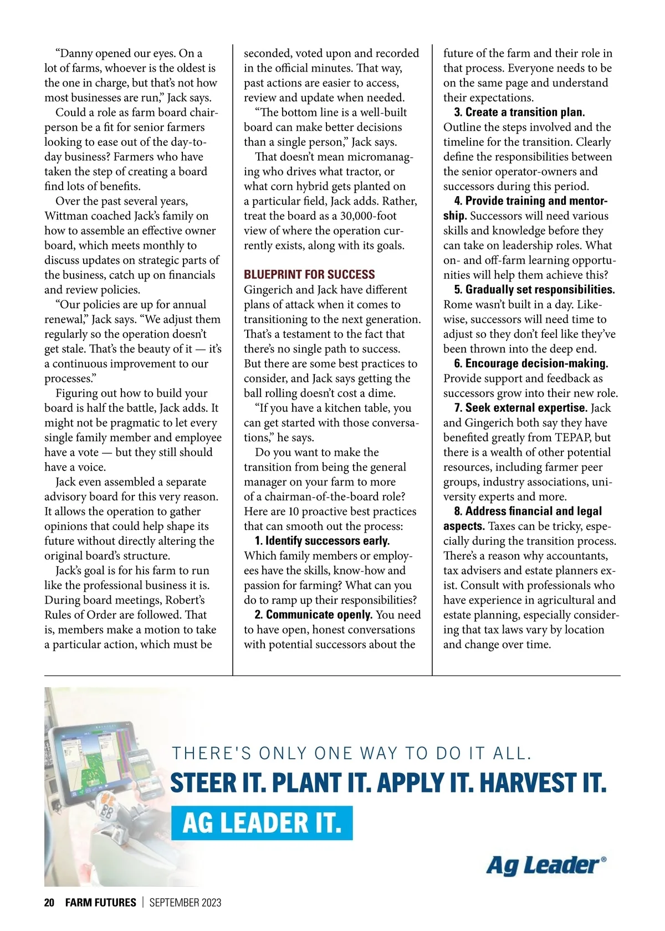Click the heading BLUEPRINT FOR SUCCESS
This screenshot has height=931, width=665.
click(309, 275)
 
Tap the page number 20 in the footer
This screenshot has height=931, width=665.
click(49, 903)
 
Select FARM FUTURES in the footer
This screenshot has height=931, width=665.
click(100, 903)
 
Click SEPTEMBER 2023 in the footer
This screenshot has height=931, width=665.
click(185, 903)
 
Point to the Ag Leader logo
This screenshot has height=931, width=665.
click(546, 865)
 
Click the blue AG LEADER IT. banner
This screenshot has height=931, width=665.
click(262, 823)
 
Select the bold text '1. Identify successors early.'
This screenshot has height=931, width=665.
click(322, 541)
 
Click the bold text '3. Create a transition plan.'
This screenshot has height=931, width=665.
click(519, 112)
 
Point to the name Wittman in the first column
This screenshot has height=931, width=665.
click(66, 216)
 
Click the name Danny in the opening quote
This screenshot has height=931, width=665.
click(76, 54)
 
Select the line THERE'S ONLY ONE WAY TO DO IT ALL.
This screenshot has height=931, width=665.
click(352, 754)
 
